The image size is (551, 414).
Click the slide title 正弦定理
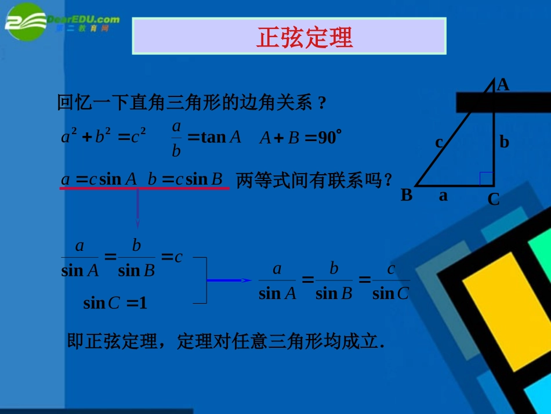(304, 38)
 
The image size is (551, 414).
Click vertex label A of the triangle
(503, 85)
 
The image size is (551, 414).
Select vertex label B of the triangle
(407, 195)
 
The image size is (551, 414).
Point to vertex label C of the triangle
(494, 200)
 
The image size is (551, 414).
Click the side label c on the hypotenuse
(439, 142)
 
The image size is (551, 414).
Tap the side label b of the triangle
(504, 142)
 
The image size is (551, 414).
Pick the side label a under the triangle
(443, 196)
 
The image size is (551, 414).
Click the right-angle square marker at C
(487, 179)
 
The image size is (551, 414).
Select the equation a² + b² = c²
(103, 136)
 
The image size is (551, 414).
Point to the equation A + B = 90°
(300, 138)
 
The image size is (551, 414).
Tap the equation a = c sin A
(99, 179)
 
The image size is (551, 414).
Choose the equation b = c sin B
(185, 179)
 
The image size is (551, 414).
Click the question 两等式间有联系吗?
(315, 181)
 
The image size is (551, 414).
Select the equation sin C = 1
(115, 303)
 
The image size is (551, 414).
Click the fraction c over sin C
(391, 282)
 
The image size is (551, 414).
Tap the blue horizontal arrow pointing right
(230, 280)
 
